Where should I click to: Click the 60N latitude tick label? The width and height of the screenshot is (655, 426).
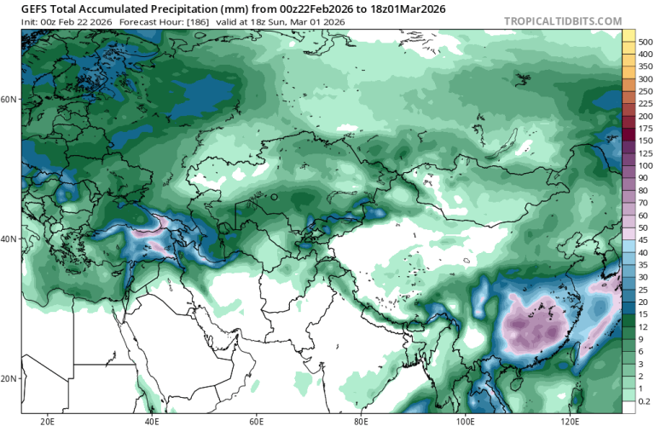9,99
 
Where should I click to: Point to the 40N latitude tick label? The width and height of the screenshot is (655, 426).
9,239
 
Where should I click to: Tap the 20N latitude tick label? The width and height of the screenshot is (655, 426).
9,378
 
